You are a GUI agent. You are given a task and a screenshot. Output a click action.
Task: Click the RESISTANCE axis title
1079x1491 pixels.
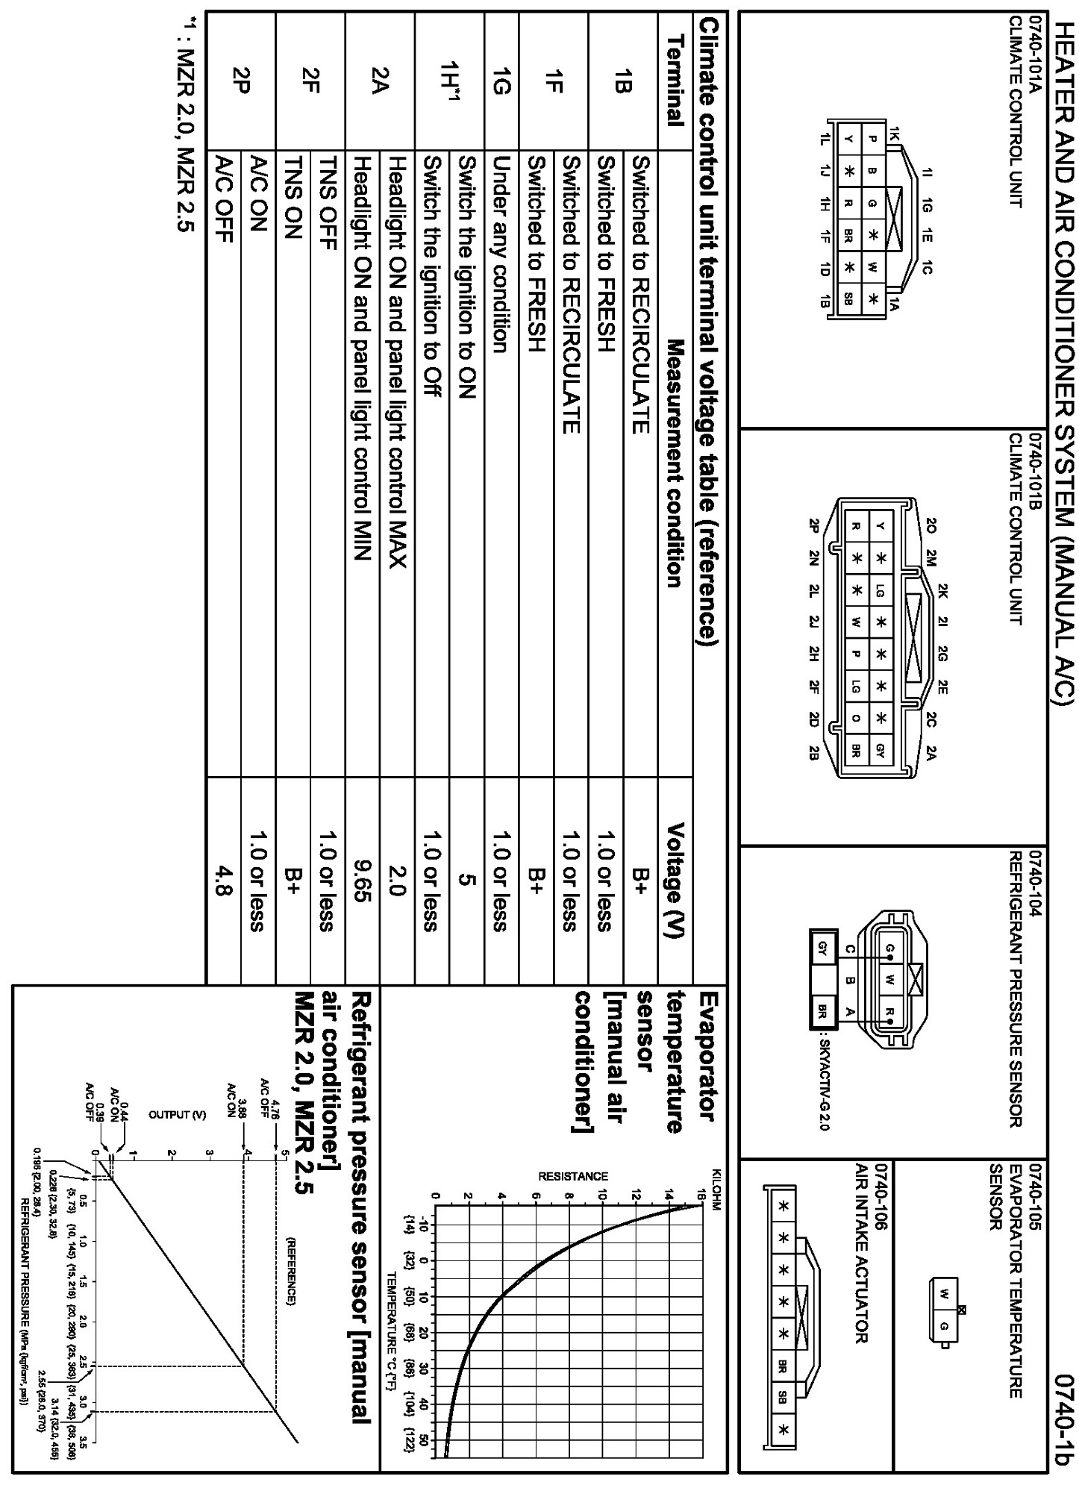[572, 1198]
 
